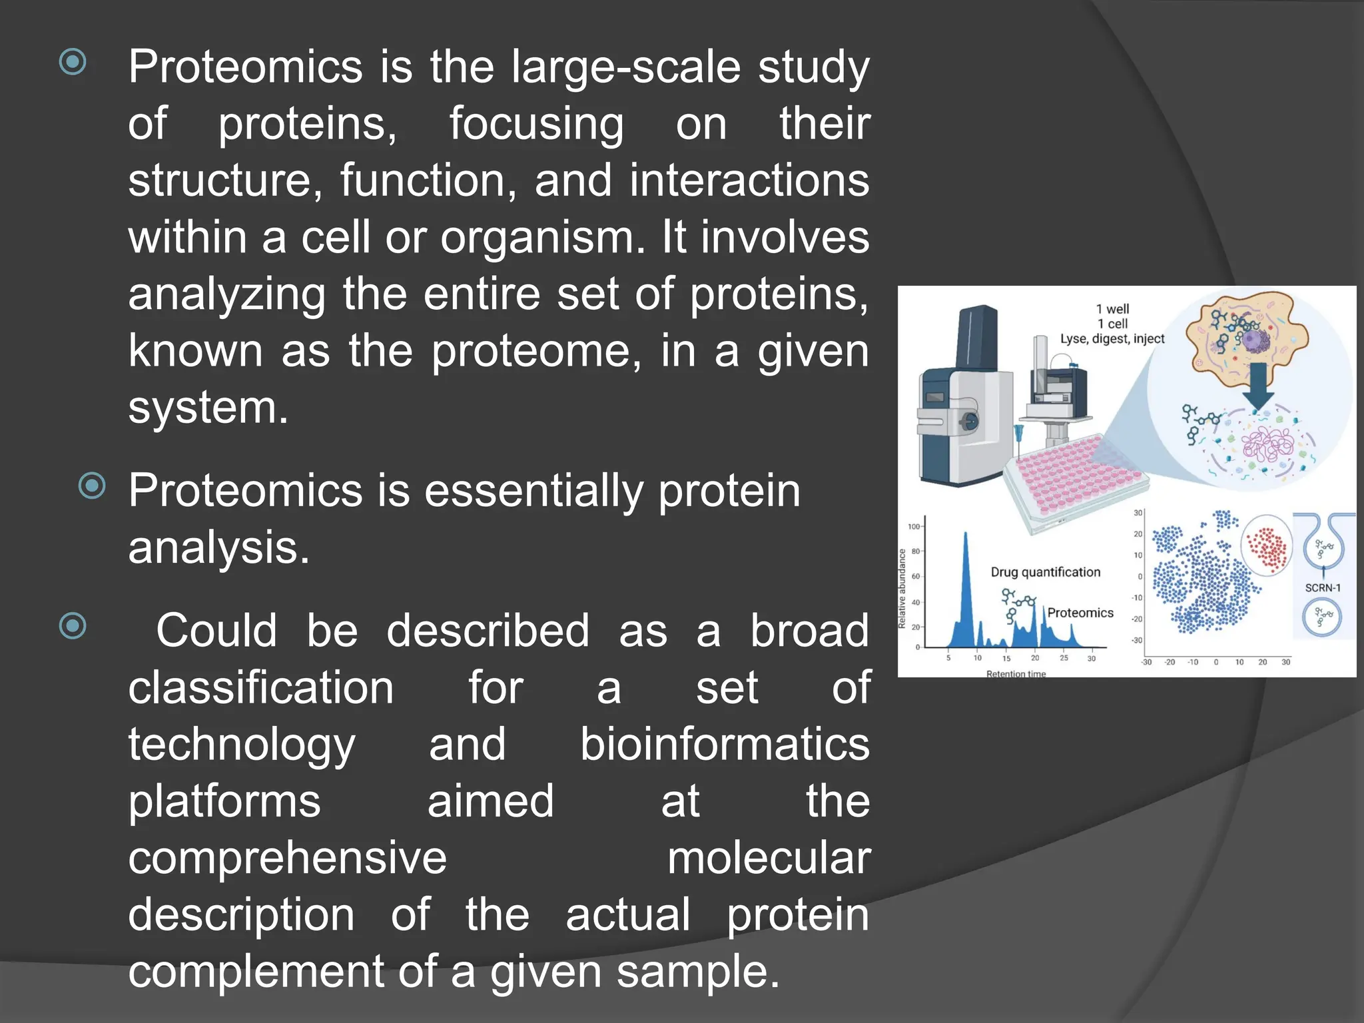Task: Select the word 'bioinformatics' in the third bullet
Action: [x=724, y=744]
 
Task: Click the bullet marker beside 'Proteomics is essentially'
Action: [x=92, y=486]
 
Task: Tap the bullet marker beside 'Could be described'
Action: [x=73, y=625]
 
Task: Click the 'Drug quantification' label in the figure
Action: [x=1045, y=572]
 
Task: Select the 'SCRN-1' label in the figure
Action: [x=1322, y=587]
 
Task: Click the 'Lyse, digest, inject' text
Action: [x=1112, y=339]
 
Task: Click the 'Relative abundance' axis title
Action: [x=902, y=588]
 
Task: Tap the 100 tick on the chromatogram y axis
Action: [x=913, y=526]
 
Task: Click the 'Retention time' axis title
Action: [x=1016, y=673]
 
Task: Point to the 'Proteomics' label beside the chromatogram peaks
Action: [x=1080, y=613]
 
